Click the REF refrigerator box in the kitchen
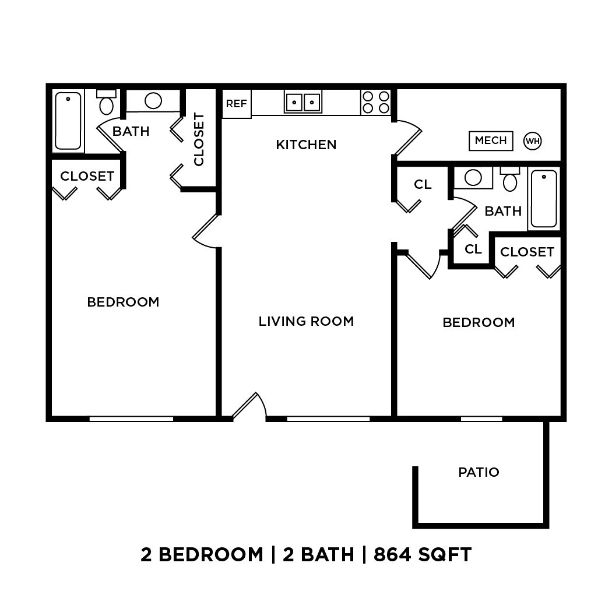237,104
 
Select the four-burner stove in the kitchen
375,102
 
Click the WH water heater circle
532,140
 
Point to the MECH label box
491,140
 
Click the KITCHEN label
306,145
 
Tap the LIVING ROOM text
306,321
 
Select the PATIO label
479,472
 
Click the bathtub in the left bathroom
68,121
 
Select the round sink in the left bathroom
153,101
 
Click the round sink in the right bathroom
473,177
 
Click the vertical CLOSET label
199,139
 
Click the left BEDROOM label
123,302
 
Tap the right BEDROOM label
479,322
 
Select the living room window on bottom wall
328,418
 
